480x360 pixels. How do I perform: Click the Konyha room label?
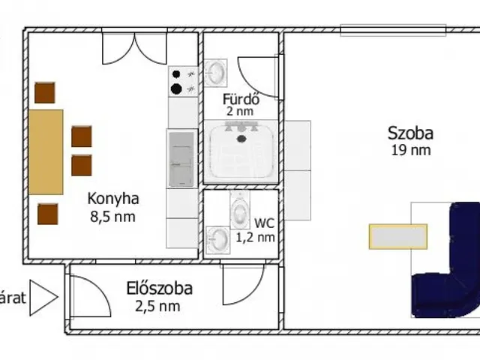113,199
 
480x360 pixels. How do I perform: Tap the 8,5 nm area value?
112,217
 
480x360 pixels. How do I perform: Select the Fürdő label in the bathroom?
241,99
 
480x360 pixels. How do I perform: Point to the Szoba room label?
410,133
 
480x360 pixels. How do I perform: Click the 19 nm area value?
411,150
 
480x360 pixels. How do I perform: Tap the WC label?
265,223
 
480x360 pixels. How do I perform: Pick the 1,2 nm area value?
255,237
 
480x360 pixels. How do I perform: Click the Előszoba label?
160,289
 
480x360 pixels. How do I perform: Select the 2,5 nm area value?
157,307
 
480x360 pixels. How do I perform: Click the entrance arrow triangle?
43,298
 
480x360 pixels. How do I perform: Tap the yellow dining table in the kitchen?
46,152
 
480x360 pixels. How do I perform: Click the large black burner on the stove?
176,88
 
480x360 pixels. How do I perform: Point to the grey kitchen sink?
181,159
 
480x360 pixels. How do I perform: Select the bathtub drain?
241,139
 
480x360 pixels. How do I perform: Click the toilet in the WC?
240,210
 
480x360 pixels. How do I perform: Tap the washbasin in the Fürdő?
216,73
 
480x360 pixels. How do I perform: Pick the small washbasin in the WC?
218,240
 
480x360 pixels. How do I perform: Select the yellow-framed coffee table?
398,236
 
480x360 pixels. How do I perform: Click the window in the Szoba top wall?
393,30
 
